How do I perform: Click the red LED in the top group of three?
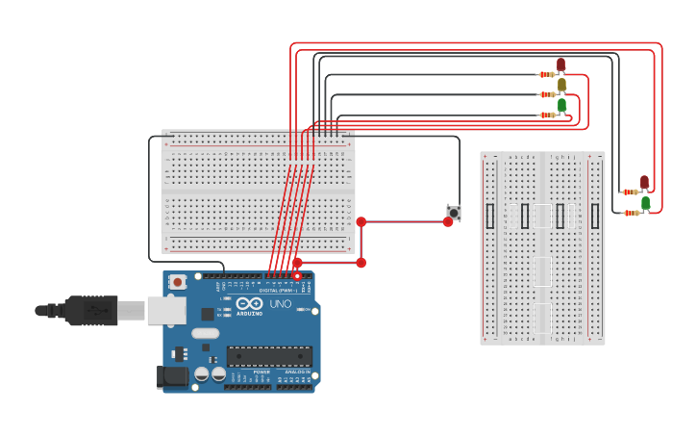[561, 64]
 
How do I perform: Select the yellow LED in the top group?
[562, 85]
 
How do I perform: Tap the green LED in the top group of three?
[562, 105]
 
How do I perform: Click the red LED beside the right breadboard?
[645, 182]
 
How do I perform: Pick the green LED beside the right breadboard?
[646, 202]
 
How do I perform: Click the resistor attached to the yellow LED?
[547, 94]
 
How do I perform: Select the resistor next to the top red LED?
[547, 74]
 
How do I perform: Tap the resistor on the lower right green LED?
[631, 212]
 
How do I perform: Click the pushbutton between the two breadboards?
[454, 212]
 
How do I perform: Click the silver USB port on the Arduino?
[166, 310]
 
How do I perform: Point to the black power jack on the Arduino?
[174, 377]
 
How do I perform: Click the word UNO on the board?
[280, 304]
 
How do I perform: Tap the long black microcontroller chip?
[269, 356]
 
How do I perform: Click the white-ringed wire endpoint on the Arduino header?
[297, 276]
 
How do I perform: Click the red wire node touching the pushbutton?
[448, 221]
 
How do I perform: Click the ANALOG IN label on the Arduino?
[296, 372]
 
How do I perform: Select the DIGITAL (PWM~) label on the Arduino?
[277, 290]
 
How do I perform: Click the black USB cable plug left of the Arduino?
[91, 311]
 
